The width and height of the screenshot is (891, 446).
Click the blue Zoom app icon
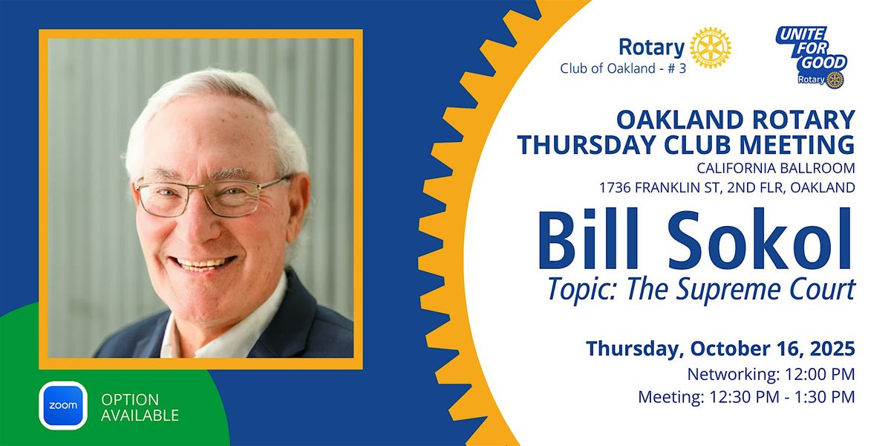(x=63, y=405)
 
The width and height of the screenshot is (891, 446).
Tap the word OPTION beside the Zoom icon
(x=130, y=399)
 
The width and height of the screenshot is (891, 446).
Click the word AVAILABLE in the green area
(x=140, y=416)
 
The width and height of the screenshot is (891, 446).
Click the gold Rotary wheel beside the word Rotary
(x=711, y=48)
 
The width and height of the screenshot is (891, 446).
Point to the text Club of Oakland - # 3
(x=623, y=68)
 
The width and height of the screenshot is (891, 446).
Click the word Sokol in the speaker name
(x=760, y=239)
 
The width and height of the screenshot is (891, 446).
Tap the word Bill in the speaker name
(x=589, y=238)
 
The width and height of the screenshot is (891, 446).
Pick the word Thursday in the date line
(x=635, y=349)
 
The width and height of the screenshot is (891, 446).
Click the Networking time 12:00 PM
(x=820, y=375)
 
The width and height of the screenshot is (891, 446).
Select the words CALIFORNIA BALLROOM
(x=776, y=168)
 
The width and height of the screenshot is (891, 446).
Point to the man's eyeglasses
(x=212, y=196)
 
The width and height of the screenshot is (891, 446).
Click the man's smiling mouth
(x=203, y=263)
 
